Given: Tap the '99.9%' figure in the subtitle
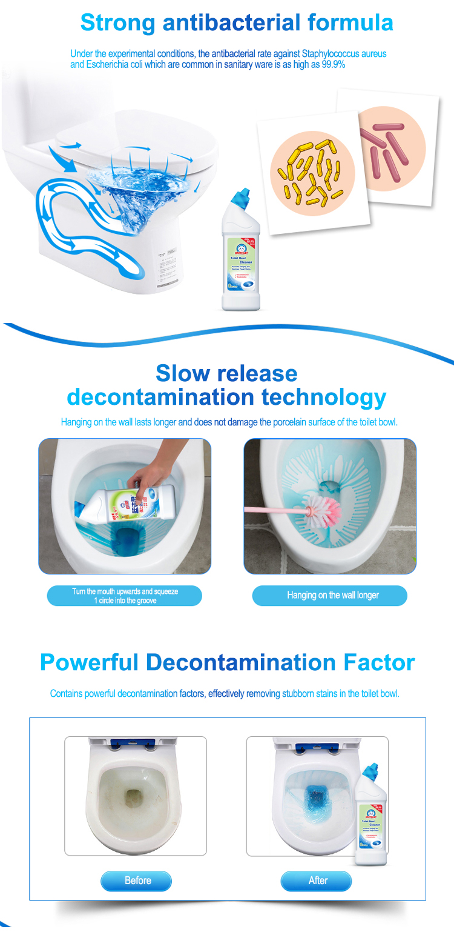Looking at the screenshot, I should tap(334, 65).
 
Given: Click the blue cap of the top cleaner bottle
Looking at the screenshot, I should tap(242, 196).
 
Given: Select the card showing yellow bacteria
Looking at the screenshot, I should tap(313, 173).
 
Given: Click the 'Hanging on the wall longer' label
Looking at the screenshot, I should tap(332, 596).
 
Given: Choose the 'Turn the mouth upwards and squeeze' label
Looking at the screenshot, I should tap(125, 596).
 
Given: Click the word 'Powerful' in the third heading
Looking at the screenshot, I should tap(90, 662).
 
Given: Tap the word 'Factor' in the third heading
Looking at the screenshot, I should tap(379, 662).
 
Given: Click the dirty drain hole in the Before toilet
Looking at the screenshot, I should tap(133, 797).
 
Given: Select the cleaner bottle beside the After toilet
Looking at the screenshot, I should tap(370, 815).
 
